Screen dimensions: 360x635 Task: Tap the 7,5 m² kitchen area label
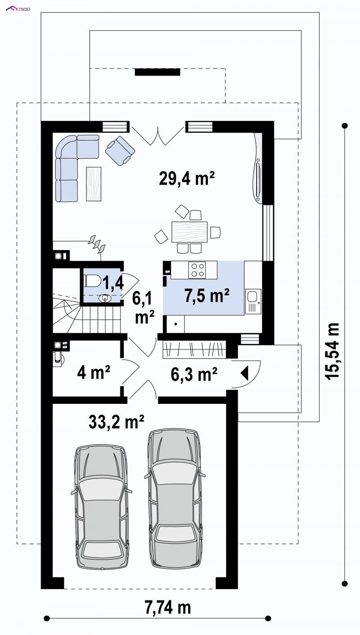(x=207, y=295)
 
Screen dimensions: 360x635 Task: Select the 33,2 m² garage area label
(x=116, y=421)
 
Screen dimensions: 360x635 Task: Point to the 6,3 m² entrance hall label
(x=194, y=375)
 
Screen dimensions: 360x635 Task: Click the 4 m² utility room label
(x=94, y=372)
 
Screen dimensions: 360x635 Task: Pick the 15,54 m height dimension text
(x=332, y=351)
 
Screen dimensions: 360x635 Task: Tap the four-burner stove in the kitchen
(x=197, y=270)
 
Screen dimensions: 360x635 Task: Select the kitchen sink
(x=253, y=301)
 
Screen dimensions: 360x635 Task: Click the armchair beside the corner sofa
(x=120, y=151)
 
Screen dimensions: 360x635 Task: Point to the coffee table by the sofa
(x=94, y=183)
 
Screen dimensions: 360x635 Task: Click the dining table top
(x=189, y=232)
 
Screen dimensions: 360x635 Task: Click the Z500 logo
(x=18, y=9)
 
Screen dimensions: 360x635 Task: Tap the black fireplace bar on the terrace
(x=157, y=72)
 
